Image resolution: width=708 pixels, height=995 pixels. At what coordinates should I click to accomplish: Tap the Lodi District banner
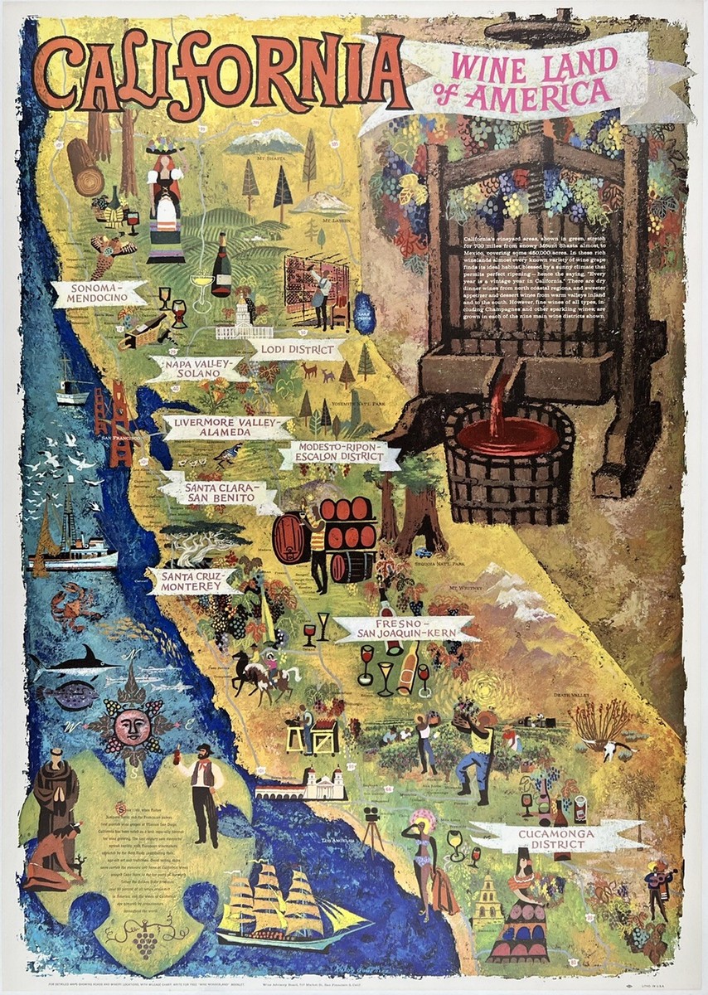(x=296, y=349)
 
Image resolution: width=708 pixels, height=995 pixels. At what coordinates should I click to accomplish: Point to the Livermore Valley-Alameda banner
(x=227, y=428)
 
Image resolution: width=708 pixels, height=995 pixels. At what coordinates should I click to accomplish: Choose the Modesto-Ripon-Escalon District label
(x=339, y=455)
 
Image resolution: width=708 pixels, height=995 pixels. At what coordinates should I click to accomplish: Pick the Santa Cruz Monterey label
(x=193, y=580)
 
